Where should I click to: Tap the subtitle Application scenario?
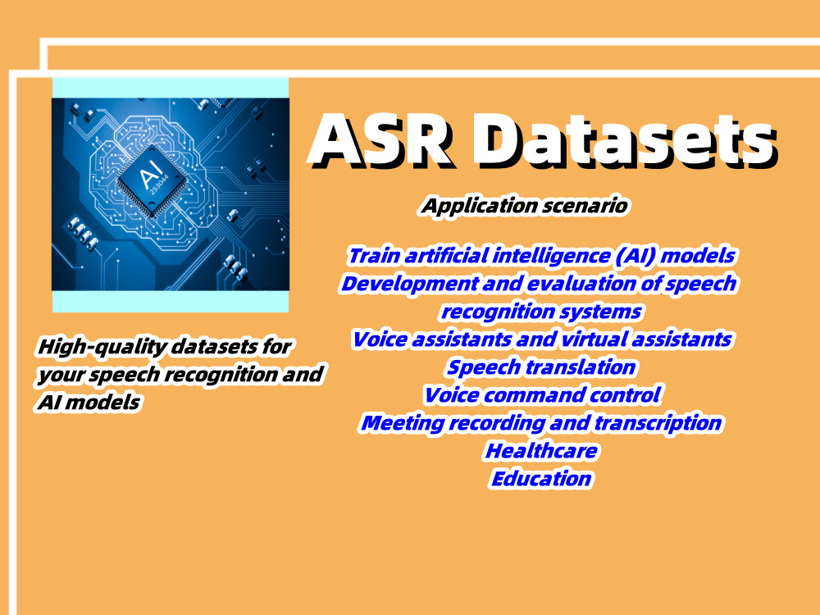(x=525, y=206)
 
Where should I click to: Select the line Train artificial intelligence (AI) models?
(x=541, y=256)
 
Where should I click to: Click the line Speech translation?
(x=541, y=367)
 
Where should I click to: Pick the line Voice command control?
(x=541, y=395)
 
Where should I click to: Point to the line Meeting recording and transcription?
(x=541, y=423)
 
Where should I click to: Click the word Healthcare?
(x=541, y=450)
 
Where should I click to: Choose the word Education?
(x=541, y=478)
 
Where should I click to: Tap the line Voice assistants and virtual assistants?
(x=541, y=339)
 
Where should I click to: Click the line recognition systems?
(x=541, y=312)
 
